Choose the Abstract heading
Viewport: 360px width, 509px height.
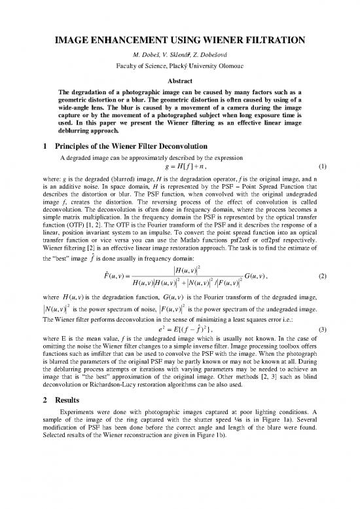[180, 81]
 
